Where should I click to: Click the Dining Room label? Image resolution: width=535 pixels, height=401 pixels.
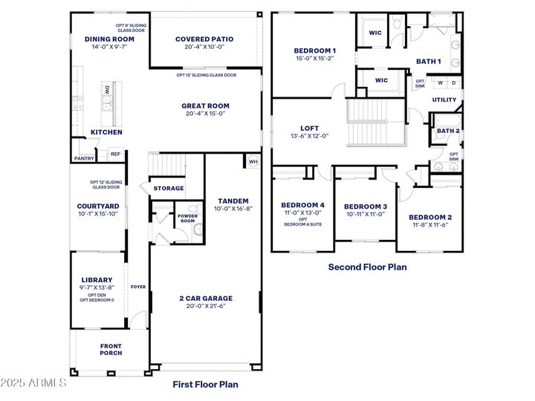(109, 39)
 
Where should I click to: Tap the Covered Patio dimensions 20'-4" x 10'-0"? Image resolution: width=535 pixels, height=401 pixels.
(204, 47)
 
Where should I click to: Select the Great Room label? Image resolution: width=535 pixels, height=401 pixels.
(205, 105)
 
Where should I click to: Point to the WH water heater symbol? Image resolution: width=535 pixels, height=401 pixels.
(252, 161)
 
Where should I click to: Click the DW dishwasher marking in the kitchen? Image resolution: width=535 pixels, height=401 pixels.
(107, 90)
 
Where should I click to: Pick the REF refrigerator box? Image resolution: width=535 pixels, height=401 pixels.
(115, 154)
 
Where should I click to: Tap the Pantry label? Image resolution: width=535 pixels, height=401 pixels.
(84, 158)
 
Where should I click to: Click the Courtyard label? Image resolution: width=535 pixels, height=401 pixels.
(98, 206)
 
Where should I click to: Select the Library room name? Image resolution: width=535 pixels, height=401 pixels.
(97, 280)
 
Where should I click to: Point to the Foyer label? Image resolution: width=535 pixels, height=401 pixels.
(138, 286)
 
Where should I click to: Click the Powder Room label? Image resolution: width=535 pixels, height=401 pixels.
(187, 218)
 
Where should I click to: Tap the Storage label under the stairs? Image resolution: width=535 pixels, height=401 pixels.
(169, 189)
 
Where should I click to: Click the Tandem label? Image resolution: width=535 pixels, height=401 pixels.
(233, 200)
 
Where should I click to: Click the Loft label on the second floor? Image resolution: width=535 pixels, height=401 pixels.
(309, 128)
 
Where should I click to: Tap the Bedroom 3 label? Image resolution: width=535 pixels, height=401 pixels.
(366, 206)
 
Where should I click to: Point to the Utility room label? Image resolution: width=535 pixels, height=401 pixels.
(444, 99)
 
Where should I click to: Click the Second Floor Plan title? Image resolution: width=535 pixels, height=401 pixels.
(367, 267)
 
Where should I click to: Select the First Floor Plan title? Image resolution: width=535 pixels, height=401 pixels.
(205, 384)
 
